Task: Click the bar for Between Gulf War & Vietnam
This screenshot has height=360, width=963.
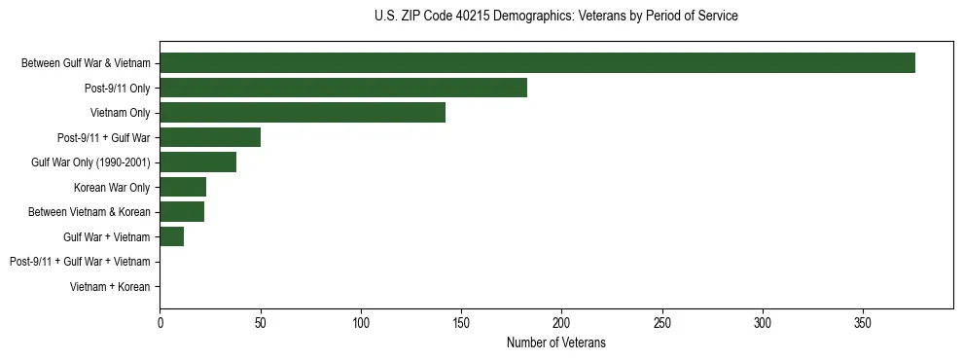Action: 537,63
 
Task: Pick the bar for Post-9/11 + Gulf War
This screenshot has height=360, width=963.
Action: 210,137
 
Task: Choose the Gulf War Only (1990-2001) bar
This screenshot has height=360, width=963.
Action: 197,162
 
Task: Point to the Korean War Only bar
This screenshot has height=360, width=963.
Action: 183,188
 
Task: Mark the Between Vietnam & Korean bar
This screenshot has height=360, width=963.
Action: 182,212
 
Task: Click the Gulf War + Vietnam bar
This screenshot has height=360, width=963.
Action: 172,237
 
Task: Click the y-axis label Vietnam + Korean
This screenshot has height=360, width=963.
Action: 110,287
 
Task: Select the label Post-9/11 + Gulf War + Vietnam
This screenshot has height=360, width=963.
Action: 80,262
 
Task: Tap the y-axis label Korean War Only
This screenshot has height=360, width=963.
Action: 112,188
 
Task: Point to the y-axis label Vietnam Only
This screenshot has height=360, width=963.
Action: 120,113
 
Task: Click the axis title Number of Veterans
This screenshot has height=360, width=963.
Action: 555,342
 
